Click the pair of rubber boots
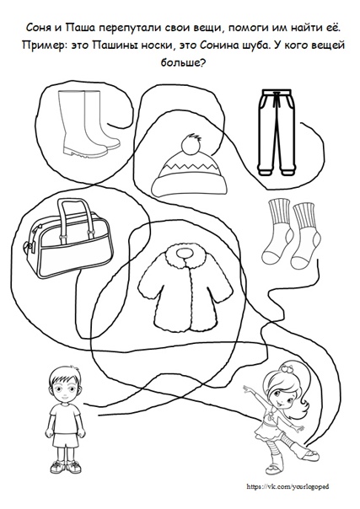tap(88, 123)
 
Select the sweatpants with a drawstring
tap(277, 132)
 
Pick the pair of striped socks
tap(291, 234)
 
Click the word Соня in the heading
tap(37, 29)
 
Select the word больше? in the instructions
tap(182, 62)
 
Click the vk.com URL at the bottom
tap(288, 486)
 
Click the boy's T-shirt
tap(65, 418)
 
